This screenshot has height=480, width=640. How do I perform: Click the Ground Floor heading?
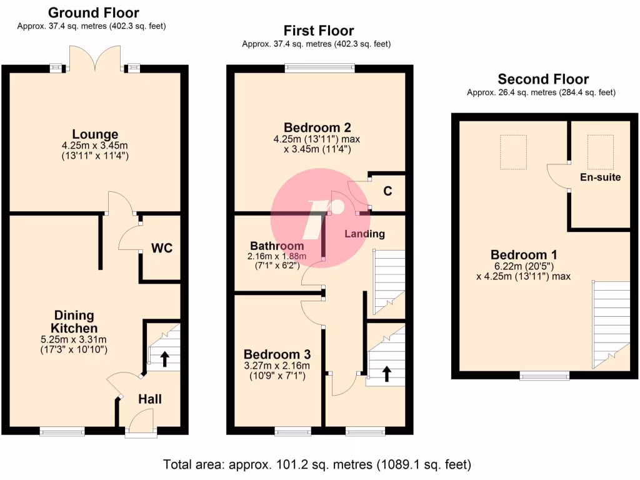[x=93, y=12]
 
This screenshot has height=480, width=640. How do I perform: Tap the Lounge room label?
[x=95, y=134]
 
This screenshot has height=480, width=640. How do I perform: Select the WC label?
[x=161, y=248]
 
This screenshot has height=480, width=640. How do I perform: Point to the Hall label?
[x=149, y=399]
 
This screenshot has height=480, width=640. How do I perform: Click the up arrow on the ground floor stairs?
[x=165, y=358]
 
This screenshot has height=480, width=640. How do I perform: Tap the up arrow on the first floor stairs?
[x=386, y=373]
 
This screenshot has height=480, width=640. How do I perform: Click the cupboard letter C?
[x=387, y=191]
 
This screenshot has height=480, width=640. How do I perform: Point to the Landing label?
[x=364, y=234]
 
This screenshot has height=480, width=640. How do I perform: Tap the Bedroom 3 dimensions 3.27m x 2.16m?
[x=277, y=366]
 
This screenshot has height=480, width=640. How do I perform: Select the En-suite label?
[x=600, y=177]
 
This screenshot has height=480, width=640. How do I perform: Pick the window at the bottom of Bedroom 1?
[x=544, y=376]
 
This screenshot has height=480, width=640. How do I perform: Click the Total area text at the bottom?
[x=317, y=464]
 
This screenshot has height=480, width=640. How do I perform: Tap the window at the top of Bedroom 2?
[x=319, y=67]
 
